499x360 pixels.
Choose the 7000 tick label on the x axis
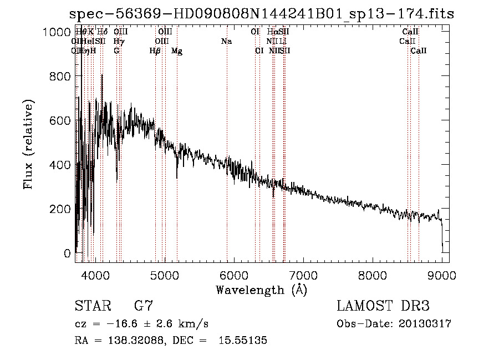tap(303, 275)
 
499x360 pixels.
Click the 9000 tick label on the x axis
tap(442, 275)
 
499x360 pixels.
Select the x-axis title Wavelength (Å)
tap(261, 290)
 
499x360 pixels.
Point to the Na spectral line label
tap(226, 42)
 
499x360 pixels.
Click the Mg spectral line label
tap(177, 51)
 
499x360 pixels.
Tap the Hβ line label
tap(155, 51)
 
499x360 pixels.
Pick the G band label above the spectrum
tap(116, 51)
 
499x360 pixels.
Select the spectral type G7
tap(144, 306)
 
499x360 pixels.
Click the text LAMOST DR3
tap(383, 306)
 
